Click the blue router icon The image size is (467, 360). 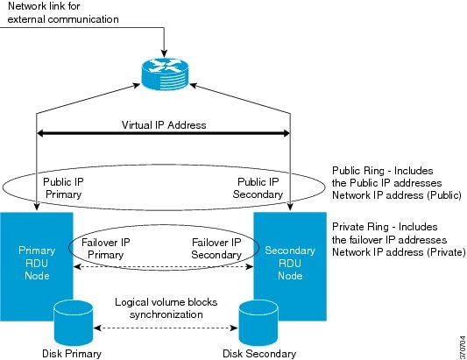(165, 74)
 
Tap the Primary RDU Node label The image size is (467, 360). (37, 263)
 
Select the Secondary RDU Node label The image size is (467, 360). (290, 263)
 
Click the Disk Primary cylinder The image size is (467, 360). (74, 323)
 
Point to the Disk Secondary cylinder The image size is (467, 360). (258, 323)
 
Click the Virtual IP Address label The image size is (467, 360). (164, 124)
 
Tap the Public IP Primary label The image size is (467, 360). (63, 188)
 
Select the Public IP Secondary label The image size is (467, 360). (258, 188)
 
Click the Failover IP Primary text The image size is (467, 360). (106, 249)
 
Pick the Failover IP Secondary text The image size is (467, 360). (216, 249)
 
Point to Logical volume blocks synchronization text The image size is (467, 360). (166, 308)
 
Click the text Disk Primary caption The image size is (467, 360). (72, 354)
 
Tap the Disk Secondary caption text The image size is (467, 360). (259, 354)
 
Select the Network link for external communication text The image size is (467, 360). (63, 12)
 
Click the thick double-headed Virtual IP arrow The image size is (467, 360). (163, 133)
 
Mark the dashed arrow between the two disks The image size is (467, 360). (166, 328)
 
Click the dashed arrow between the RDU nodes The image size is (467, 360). (163, 266)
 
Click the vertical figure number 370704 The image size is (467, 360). (463, 348)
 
